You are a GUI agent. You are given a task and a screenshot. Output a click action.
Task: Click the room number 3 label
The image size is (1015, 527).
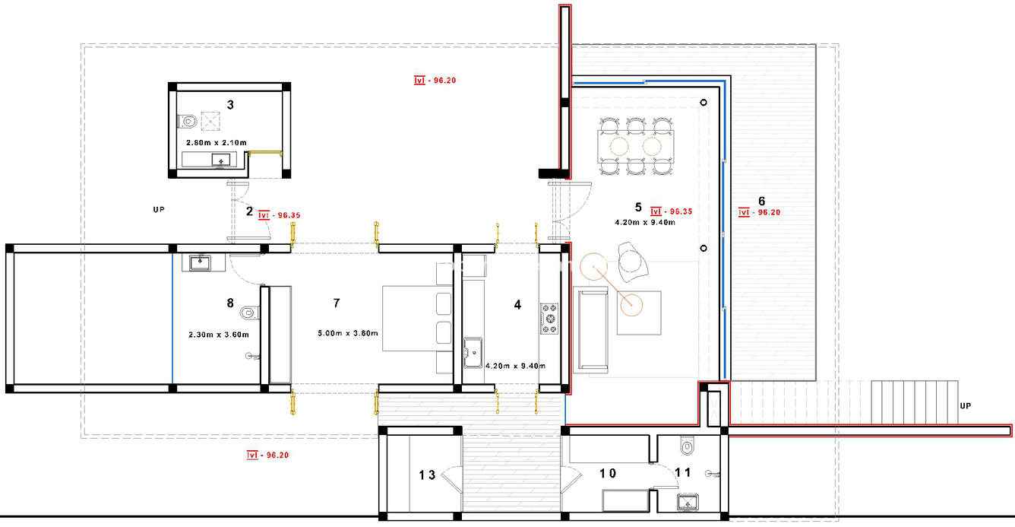click(230, 105)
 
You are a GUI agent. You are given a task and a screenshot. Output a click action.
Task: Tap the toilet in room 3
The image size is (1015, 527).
click(187, 121)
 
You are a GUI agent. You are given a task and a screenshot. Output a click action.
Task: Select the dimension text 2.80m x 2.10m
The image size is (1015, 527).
click(217, 142)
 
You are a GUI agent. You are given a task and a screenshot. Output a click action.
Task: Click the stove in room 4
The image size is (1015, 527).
click(549, 319)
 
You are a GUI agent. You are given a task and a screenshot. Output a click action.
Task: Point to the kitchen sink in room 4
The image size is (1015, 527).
click(473, 352)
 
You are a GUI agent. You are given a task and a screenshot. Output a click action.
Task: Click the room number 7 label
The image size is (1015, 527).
click(337, 303)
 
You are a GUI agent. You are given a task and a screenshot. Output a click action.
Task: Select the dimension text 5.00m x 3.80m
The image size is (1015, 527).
click(348, 333)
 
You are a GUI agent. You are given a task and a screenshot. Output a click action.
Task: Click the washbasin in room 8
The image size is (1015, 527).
click(200, 262)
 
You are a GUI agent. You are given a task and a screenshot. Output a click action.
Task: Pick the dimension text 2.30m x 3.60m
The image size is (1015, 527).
click(219, 335)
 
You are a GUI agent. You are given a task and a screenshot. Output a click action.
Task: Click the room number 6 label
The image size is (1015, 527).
click(762, 201)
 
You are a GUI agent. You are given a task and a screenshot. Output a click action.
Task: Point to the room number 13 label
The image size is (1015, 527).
click(427, 475)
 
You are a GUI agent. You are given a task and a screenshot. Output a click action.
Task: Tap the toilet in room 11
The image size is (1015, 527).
click(688, 446)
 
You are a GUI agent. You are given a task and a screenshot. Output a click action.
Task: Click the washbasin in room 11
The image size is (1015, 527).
click(688, 503)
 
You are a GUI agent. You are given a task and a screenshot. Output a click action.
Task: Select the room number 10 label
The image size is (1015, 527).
click(608, 474)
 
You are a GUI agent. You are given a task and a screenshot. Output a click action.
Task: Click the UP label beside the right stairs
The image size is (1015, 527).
click(965, 406)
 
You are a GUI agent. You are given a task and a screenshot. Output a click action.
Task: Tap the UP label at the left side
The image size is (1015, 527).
click(159, 210)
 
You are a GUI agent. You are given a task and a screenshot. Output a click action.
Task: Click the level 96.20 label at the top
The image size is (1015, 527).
click(435, 81)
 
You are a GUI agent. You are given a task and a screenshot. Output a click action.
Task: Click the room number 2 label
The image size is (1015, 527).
click(250, 211)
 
